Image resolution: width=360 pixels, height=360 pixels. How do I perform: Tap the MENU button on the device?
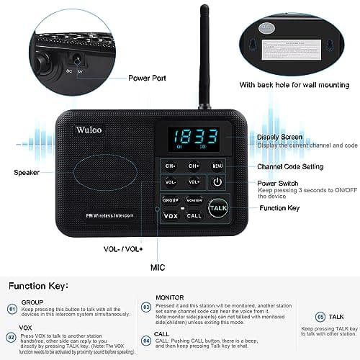218,166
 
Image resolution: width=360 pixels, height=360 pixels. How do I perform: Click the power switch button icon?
218,182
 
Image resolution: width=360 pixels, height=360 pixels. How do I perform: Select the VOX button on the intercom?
171,215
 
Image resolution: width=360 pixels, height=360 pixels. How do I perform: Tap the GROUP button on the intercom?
171,199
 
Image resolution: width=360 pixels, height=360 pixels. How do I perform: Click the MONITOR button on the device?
193,199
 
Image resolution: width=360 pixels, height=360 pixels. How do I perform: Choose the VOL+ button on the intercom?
194,182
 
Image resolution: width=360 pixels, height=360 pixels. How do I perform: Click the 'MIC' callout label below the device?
157,267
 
